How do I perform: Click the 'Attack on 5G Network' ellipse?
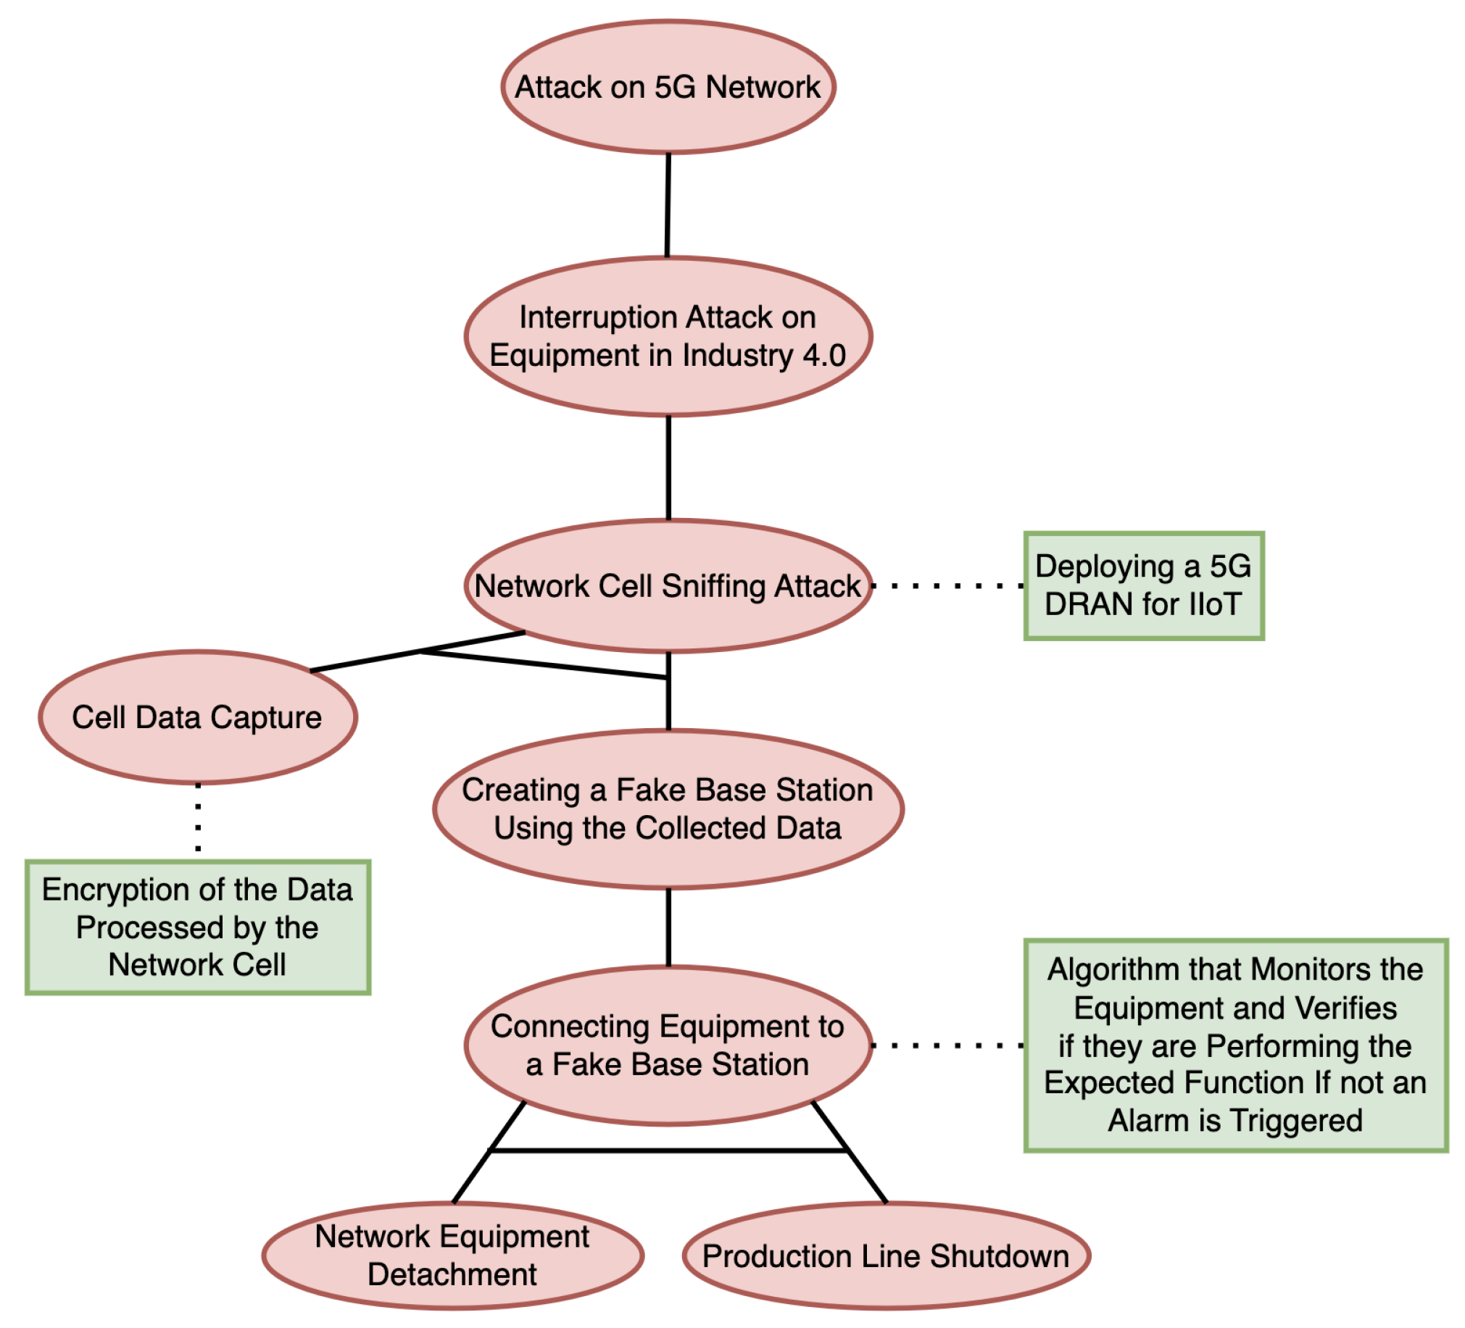click(667, 86)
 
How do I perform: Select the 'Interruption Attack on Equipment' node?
click(667, 336)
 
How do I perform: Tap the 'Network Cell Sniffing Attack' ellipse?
click(667, 586)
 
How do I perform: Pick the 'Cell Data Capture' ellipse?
click(197, 717)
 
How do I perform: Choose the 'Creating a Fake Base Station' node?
click(667, 809)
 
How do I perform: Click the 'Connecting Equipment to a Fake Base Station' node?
click(667, 1045)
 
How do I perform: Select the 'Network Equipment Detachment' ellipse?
click(452, 1256)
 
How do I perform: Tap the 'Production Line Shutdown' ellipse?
click(886, 1256)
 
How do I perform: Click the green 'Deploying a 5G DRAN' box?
click(1144, 585)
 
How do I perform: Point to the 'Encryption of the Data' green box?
click(197, 927)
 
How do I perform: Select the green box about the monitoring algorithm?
click(1235, 1045)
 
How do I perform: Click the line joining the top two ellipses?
click(668, 205)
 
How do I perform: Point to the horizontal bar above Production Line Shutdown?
click(668, 1150)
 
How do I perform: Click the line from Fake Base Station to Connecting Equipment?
click(668, 927)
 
